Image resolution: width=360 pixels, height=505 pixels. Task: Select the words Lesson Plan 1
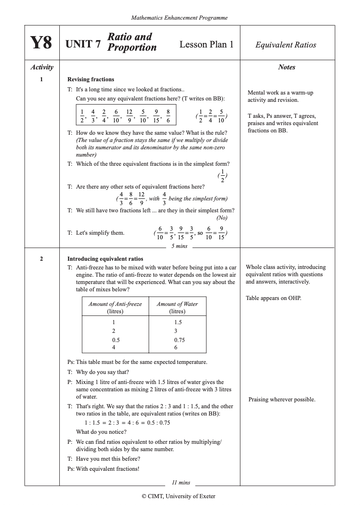206,44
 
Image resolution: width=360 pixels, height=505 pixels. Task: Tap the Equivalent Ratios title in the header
286,45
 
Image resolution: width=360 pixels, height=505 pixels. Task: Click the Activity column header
42,67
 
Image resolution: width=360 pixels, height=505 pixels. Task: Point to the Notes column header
287,67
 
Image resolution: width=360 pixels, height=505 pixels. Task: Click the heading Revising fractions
91,79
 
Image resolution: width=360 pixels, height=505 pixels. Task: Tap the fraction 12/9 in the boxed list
129,116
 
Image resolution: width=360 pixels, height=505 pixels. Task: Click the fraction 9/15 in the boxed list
156,116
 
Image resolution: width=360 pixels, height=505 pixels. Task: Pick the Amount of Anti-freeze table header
115,307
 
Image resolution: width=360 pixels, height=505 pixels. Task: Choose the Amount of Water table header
177,307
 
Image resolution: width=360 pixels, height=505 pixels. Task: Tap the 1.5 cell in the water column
178,322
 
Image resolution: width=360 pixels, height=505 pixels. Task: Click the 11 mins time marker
181,482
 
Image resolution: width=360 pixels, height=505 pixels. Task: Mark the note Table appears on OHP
273,298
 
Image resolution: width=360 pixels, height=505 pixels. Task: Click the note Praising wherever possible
282,400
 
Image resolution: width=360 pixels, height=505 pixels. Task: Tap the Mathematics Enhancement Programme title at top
179,18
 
